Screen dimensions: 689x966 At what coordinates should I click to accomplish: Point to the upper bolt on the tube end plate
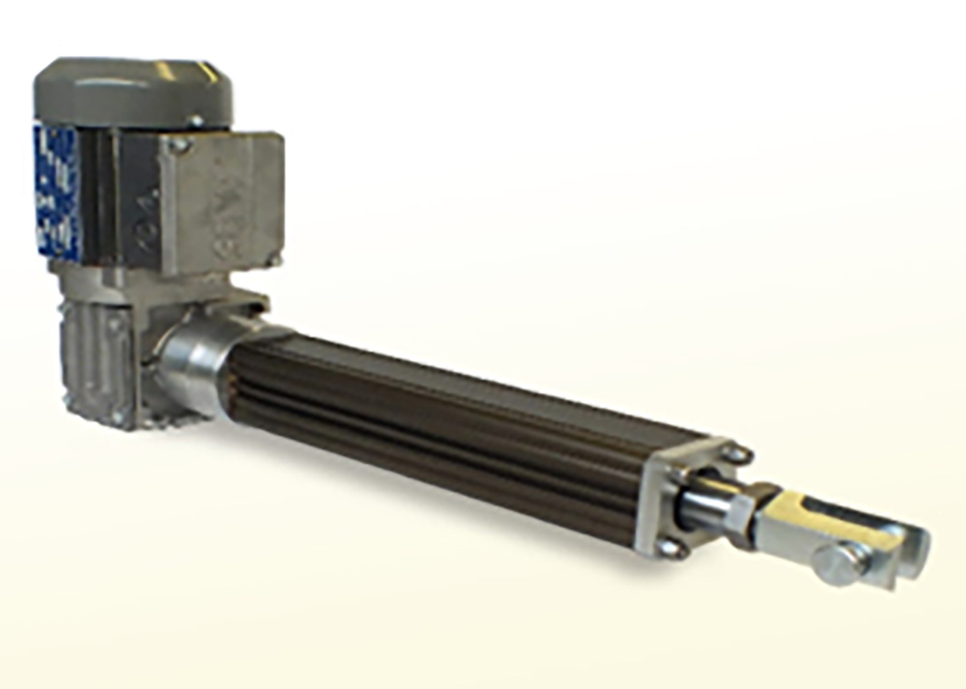click(737, 453)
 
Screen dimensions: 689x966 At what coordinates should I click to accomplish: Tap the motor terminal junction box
click(222, 199)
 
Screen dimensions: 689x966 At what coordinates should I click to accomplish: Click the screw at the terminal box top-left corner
click(178, 146)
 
